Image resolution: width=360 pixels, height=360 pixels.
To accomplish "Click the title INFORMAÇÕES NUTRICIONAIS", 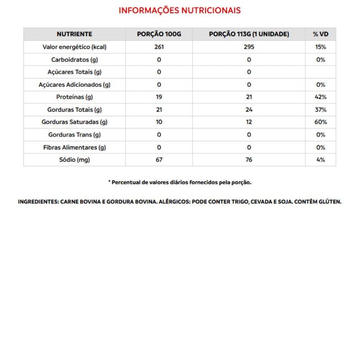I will pos(180,10).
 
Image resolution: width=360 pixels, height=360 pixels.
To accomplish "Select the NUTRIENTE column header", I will pos(74,34).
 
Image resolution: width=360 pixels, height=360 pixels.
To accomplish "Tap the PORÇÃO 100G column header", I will pos(159,34).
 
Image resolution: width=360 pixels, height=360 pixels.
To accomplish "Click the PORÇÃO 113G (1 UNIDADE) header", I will pos(249,34).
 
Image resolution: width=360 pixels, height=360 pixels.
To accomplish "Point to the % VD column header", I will pos(320,34).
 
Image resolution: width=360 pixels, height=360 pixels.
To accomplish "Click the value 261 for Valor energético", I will pos(159,47).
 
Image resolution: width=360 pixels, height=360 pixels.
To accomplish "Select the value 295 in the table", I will pos(249,47).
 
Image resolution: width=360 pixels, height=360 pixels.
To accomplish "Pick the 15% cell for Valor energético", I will pos(320,47).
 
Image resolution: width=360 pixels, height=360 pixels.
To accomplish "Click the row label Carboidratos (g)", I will pos(74,59).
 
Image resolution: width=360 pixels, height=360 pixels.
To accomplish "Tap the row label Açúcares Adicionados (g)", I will pos(74,85).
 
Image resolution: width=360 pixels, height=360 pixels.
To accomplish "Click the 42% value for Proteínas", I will pos(320,97).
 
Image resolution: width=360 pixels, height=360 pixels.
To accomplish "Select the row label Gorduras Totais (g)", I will pos(74,110).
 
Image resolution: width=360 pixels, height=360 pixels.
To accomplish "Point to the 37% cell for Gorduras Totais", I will pos(320,110).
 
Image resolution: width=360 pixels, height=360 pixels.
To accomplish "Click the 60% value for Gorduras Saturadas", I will pos(320,122).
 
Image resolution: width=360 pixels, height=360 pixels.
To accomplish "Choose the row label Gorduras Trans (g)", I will pos(74,135).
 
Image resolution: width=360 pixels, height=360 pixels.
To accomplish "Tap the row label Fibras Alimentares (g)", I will pos(74,147).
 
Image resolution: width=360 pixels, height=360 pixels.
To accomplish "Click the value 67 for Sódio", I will pos(159,160).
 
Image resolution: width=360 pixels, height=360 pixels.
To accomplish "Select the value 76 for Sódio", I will pos(249,160).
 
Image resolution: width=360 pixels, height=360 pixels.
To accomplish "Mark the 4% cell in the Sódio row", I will pos(320,160).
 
